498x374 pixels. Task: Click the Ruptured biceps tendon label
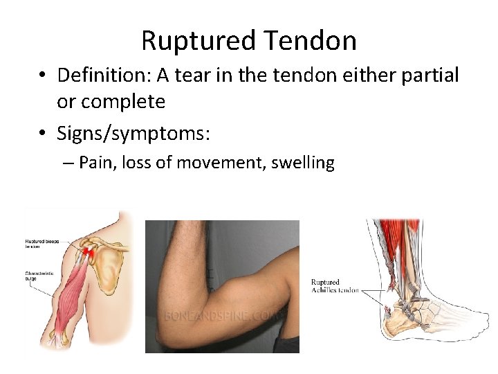pos(41,242)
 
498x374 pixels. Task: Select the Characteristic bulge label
pos(41,275)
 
